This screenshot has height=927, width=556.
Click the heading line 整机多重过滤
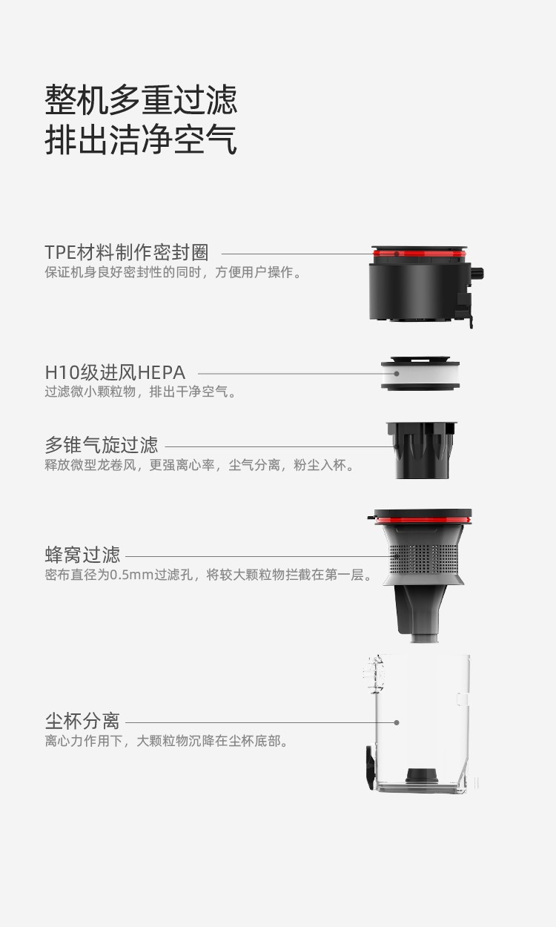[x=141, y=99]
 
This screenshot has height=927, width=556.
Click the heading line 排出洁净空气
[x=141, y=139]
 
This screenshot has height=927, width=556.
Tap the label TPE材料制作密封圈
[x=127, y=252]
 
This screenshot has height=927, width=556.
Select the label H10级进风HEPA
[x=115, y=372]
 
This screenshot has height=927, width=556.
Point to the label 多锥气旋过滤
[x=102, y=445]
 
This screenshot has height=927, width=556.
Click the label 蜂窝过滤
[x=82, y=555]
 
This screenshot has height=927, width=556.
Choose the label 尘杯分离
[x=82, y=722]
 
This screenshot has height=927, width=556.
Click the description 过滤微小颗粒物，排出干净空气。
[x=140, y=392]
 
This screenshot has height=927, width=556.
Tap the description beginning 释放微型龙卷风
[x=199, y=465]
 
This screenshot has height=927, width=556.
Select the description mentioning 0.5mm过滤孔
[x=208, y=575]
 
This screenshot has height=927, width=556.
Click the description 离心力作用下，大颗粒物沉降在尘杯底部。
[x=167, y=741]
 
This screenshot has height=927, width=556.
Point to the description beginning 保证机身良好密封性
[x=173, y=272]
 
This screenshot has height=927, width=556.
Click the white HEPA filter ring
[x=420, y=374]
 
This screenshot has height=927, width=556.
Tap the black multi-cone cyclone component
[x=421, y=450]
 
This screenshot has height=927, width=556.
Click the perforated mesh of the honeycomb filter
[x=423, y=558]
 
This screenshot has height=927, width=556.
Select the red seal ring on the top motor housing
[x=420, y=254]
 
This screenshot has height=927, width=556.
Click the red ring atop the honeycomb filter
[x=423, y=520]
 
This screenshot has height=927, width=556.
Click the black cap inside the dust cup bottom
[x=422, y=776]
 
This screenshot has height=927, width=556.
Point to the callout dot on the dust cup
[x=397, y=722]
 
